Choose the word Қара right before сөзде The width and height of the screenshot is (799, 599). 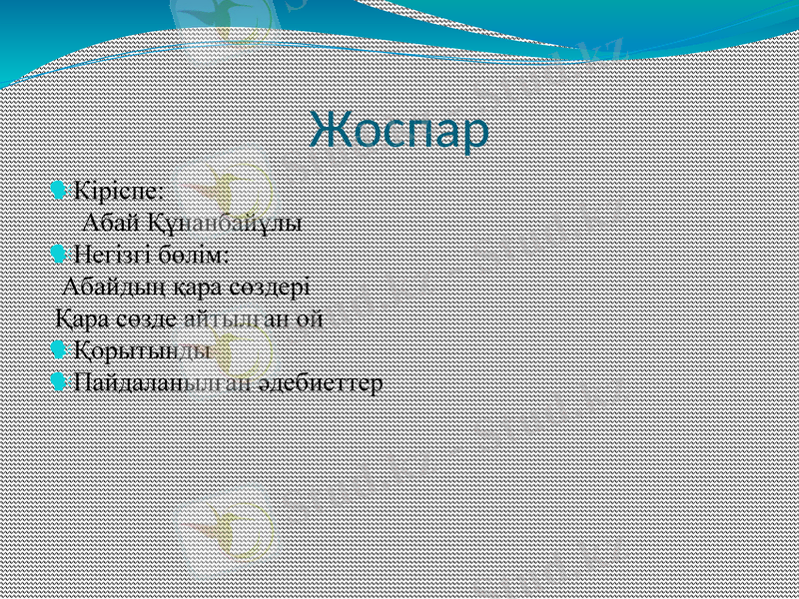(83, 319)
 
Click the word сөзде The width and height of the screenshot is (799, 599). (150, 319)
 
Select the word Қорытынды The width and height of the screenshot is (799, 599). (142, 351)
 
